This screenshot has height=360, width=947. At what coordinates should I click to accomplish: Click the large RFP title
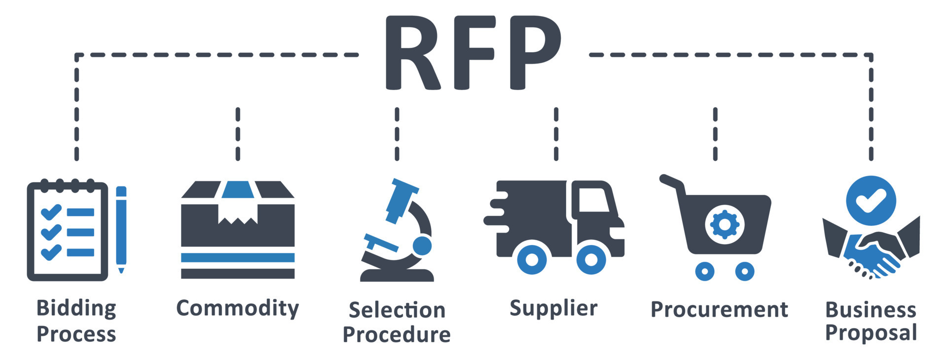pyautogui.click(x=473, y=52)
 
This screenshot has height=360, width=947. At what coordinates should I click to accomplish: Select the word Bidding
pyautogui.click(x=76, y=309)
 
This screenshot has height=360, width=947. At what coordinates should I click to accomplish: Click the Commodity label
pyautogui.click(x=238, y=309)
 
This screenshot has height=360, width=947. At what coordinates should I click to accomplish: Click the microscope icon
pyautogui.click(x=397, y=230)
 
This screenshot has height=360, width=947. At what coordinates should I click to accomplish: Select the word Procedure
pyautogui.click(x=397, y=335)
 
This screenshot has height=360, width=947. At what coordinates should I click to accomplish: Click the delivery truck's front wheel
pyautogui.click(x=591, y=259)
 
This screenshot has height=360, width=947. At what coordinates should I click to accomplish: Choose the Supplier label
pyautogui.click(x=553, y=309)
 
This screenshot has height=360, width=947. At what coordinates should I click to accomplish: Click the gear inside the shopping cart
pyautogui.click(x=725, y=224)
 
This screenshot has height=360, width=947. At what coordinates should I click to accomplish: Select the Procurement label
pyautogui.click(x=719, y=310)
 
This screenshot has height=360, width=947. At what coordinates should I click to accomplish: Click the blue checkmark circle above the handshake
pyautogui.click(x=871, y=201)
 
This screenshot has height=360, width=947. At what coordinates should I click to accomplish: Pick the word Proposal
pyautogui.click(x=871, y=333)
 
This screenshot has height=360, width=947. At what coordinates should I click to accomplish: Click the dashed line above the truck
pyautogui.click(x=556, y=134)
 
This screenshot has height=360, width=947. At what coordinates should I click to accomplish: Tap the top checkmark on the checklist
pyautogui.click(x=51, y=212)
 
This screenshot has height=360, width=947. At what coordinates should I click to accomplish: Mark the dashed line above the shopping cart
pyautogui.click(x=715, y=134)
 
